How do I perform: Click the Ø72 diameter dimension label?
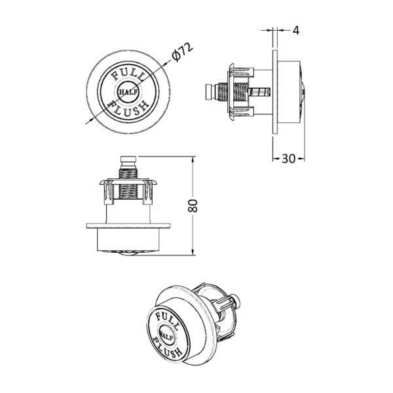[183, 52]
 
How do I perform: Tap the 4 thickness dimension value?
[296, 31]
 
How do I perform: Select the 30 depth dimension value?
[289, 159]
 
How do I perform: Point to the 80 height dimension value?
[193, 206]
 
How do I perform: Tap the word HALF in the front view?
[128, 92]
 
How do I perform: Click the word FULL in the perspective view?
[167, 320]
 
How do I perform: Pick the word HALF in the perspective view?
[166, 335]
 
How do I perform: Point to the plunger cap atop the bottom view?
[128, 159]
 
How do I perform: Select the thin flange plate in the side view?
[275, 92]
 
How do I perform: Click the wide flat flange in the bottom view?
[128, 225]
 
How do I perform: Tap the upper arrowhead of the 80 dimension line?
[193, 159]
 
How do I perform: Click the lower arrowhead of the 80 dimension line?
[193, 252]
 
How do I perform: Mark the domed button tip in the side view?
[303, 92]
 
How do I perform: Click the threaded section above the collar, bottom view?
[128, 173]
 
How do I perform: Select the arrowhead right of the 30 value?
[301, 159]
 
